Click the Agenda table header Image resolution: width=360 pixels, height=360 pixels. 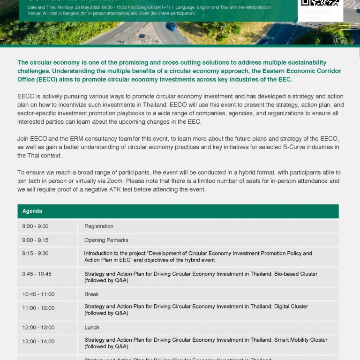[x=32, y=211]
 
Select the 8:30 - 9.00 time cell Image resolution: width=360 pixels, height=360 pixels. [x=35, y=226]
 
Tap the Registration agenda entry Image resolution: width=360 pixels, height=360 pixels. [x=99, y=226]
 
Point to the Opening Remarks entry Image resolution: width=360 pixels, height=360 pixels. [x=106, y=240]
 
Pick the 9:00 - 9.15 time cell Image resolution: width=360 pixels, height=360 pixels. [x=35, y=240]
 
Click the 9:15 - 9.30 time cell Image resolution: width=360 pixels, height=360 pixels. [x=35, y=254]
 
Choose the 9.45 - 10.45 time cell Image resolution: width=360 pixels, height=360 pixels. [x=37, y=274]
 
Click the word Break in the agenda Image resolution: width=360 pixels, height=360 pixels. [x=91, y=294]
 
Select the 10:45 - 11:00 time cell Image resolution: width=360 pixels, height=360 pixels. [x=38, y=294]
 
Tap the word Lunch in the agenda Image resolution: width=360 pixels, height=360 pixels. [x=92, y=328]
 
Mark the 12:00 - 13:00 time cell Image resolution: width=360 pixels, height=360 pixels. [x=38, y=328]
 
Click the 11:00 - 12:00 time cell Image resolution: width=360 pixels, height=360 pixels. [x=38, y=308]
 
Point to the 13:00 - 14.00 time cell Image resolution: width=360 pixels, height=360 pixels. [x=38, y=341]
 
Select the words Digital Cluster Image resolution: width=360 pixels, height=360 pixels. [x=291, y=307]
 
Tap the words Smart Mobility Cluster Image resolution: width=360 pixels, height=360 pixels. [x=300, y=340]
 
